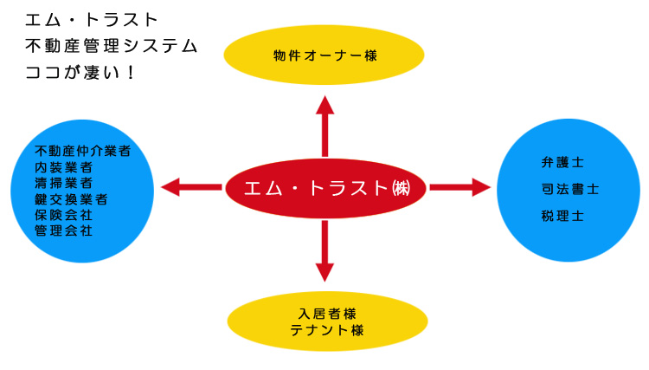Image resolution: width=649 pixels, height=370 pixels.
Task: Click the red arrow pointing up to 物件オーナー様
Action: click(x=324, y=126)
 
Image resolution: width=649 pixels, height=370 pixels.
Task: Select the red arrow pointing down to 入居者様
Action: click(x=324, y=250)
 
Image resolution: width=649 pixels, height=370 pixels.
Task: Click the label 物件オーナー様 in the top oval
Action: click(x=324, y=55)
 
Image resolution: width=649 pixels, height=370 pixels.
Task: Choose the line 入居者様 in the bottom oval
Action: click(x=325, y=313)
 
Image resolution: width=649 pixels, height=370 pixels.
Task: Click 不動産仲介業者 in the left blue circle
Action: click(x=83, y=151)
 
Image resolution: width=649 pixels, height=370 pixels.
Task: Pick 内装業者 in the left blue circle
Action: click(x=63, y=166)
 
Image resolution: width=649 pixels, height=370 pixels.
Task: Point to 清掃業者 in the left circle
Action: click(x=63, y=183)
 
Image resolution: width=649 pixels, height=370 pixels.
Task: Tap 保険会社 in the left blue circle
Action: click(x=63, y=214)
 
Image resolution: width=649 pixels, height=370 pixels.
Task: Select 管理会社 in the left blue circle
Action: click(x=63, y=230)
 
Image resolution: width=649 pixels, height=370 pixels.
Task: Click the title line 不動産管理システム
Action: click(x=111, y=45)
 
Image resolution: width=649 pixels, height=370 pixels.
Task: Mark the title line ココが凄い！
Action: click(x=81, y=72)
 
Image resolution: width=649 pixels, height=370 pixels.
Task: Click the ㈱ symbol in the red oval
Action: click(x=401, y=187)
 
